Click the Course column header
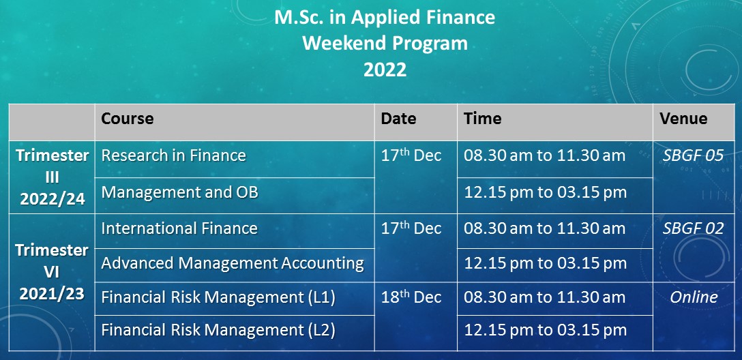click(x=128, y=118)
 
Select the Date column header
click(x=398, y=118)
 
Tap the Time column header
click(x=482, y=118)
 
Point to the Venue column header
click(x=683, y=118)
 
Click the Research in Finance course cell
click(x=174, y=155)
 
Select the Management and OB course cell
click(x=180, y=192)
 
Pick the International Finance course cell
click(x=179, y=228)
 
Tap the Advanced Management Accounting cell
click(x=233, y=263)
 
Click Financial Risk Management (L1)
click(x=218, y=297)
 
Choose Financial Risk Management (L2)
click(x=218, y=330)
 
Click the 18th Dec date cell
click(x=411, y=297)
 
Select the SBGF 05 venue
click(x=693, y=155)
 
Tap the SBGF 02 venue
click(x=693, y=228)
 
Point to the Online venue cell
click(x=694, y=297)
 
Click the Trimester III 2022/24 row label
click(x=52, y=177)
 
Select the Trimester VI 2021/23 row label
click(x=52, y=272)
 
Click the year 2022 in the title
click(x=385, y=70)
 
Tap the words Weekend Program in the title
click(x=385, y=44)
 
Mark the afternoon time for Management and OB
click(x=545, y=192)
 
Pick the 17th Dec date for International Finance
click(x=411, y=228)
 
